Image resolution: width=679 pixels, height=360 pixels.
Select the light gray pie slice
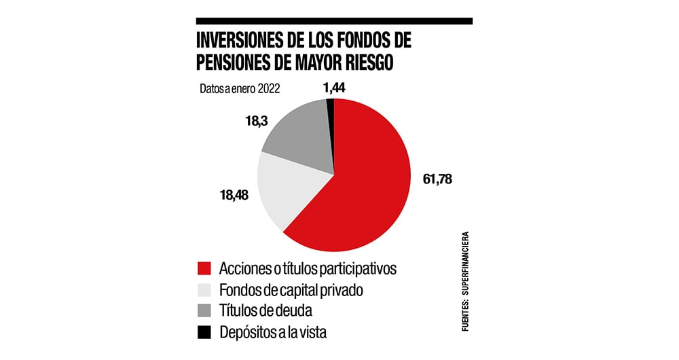(x=292, y=190)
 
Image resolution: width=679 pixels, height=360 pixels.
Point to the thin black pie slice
(x=330, y=103)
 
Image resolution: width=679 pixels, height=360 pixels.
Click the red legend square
(x=204, y=268)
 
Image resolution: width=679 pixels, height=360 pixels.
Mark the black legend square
(x=204, y=332)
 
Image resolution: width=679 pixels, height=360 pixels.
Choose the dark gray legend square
(x=204, y=311)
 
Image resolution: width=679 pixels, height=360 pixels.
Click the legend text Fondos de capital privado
(x=291, y=290)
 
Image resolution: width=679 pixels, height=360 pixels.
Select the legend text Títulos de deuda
(x=265, y=311)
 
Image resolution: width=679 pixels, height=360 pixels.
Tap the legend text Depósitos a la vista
(x=278, y=332)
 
